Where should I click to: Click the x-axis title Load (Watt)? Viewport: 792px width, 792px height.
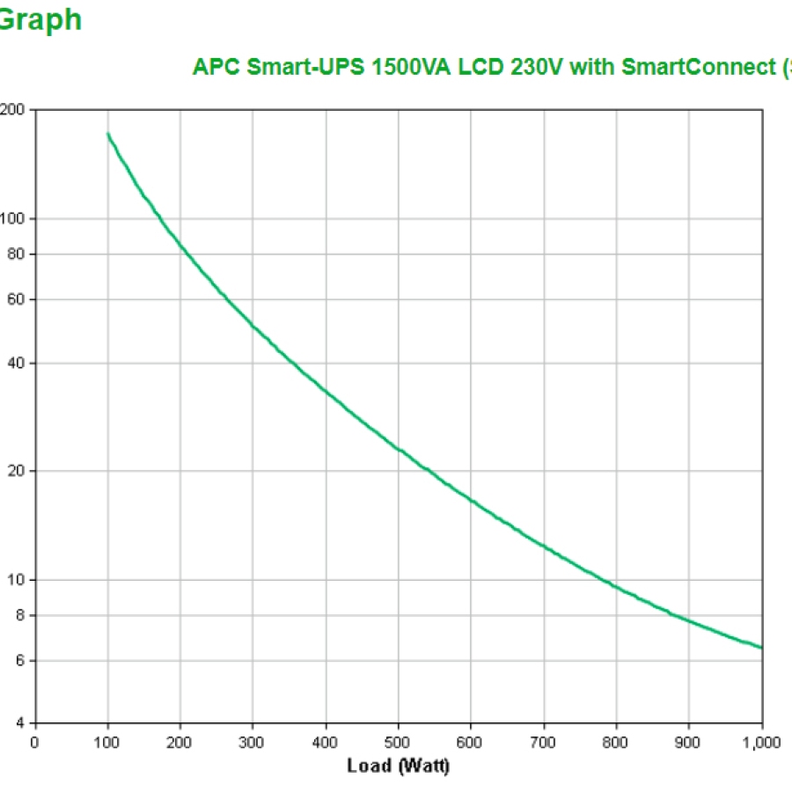398,766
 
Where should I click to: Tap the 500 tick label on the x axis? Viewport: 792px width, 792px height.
398,742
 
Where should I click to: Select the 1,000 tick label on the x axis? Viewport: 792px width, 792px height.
760,742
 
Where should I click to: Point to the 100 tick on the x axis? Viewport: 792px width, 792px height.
107,742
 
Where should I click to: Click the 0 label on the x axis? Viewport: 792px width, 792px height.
35,742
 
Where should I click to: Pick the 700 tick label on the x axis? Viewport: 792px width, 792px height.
544,742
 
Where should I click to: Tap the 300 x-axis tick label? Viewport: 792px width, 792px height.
253,742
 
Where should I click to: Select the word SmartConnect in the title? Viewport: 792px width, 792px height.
694,67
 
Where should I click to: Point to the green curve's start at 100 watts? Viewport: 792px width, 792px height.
108,134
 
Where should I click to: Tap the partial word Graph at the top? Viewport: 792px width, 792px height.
40,19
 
